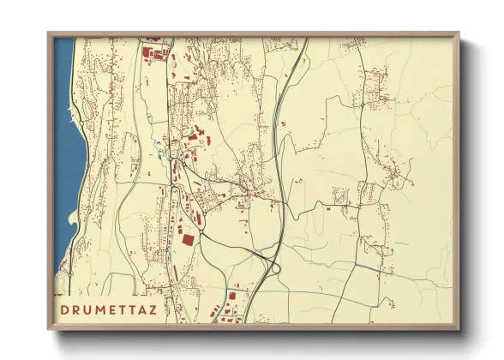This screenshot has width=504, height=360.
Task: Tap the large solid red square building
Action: (188, 240)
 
